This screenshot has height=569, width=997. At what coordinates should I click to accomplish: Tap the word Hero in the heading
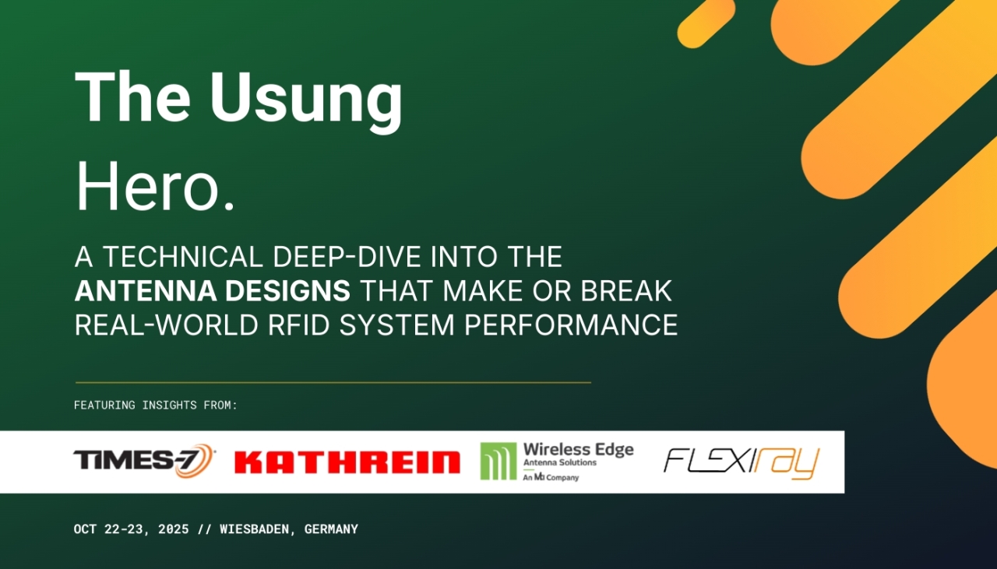point(149,185)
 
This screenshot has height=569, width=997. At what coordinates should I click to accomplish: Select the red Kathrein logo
point(347,462)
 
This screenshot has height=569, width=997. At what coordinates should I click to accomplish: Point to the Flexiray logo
point(742,462)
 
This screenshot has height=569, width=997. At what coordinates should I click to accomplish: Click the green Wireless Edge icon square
point(498,461)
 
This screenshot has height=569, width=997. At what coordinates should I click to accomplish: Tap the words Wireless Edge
point(579,449)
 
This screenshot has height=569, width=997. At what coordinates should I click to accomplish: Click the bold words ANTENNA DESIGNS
point(213,290)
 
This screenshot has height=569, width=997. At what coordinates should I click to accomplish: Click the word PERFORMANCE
point(571,325)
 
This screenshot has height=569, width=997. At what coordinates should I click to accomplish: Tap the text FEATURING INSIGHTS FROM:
point(156,406)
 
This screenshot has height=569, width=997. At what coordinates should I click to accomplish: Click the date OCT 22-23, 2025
point(132,529)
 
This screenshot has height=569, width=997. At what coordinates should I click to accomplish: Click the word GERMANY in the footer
point(331,529)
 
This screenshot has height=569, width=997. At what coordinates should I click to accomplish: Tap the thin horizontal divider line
point(333,382)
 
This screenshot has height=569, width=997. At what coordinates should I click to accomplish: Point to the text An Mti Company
point(551,477)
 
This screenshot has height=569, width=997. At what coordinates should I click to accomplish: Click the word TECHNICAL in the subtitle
point(182,257)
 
